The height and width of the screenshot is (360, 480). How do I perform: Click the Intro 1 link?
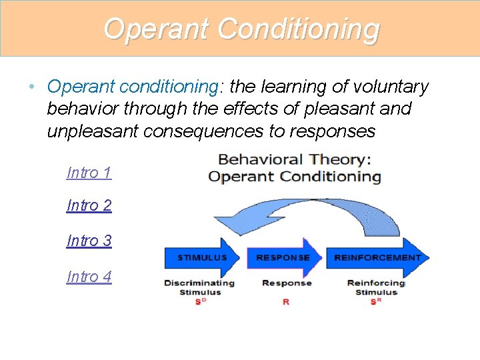tap(89, 173)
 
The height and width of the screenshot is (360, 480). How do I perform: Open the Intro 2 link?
tap(89, 205)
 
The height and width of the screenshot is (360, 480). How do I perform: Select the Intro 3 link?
tap(89, 241)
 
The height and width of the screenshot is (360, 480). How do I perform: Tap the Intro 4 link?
tap(89, 276)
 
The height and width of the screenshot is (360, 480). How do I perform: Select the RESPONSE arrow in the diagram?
tap(283, 257)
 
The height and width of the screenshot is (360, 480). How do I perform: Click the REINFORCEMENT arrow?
tap(377, 257)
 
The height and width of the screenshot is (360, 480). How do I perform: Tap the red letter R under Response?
tap(286, 301)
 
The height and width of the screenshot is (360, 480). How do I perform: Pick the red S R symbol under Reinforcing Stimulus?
tap(375, 301)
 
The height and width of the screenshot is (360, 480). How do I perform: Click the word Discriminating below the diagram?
tap(199, 283)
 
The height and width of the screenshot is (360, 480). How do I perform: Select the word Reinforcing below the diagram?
tap(376, 283)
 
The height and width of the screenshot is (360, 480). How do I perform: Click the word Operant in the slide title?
tap(157, 29)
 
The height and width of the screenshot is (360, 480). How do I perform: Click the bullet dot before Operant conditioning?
tap(32, 87)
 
